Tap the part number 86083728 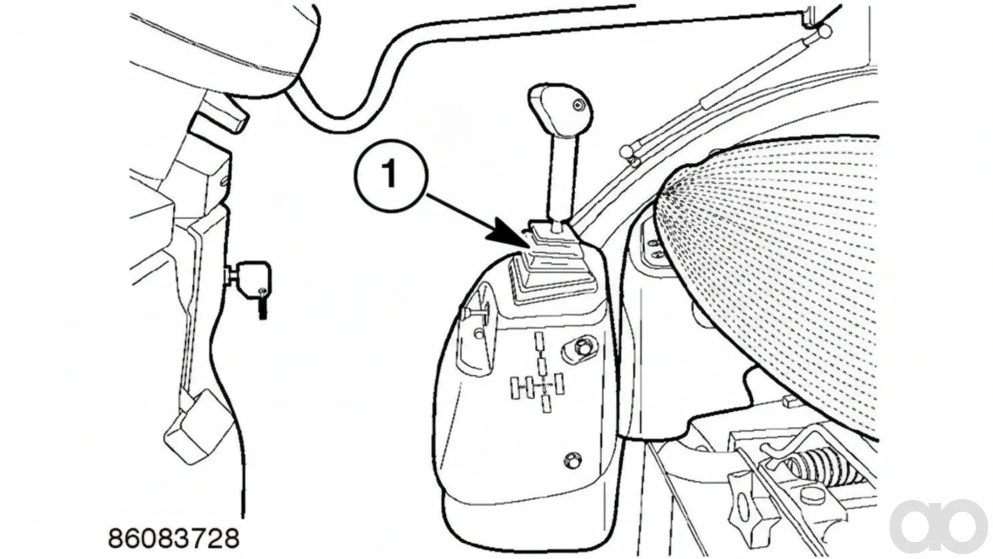point(173,539)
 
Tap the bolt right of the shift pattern point(579,347)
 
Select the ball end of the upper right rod point(824,32)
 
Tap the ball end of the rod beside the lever point(626,152)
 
